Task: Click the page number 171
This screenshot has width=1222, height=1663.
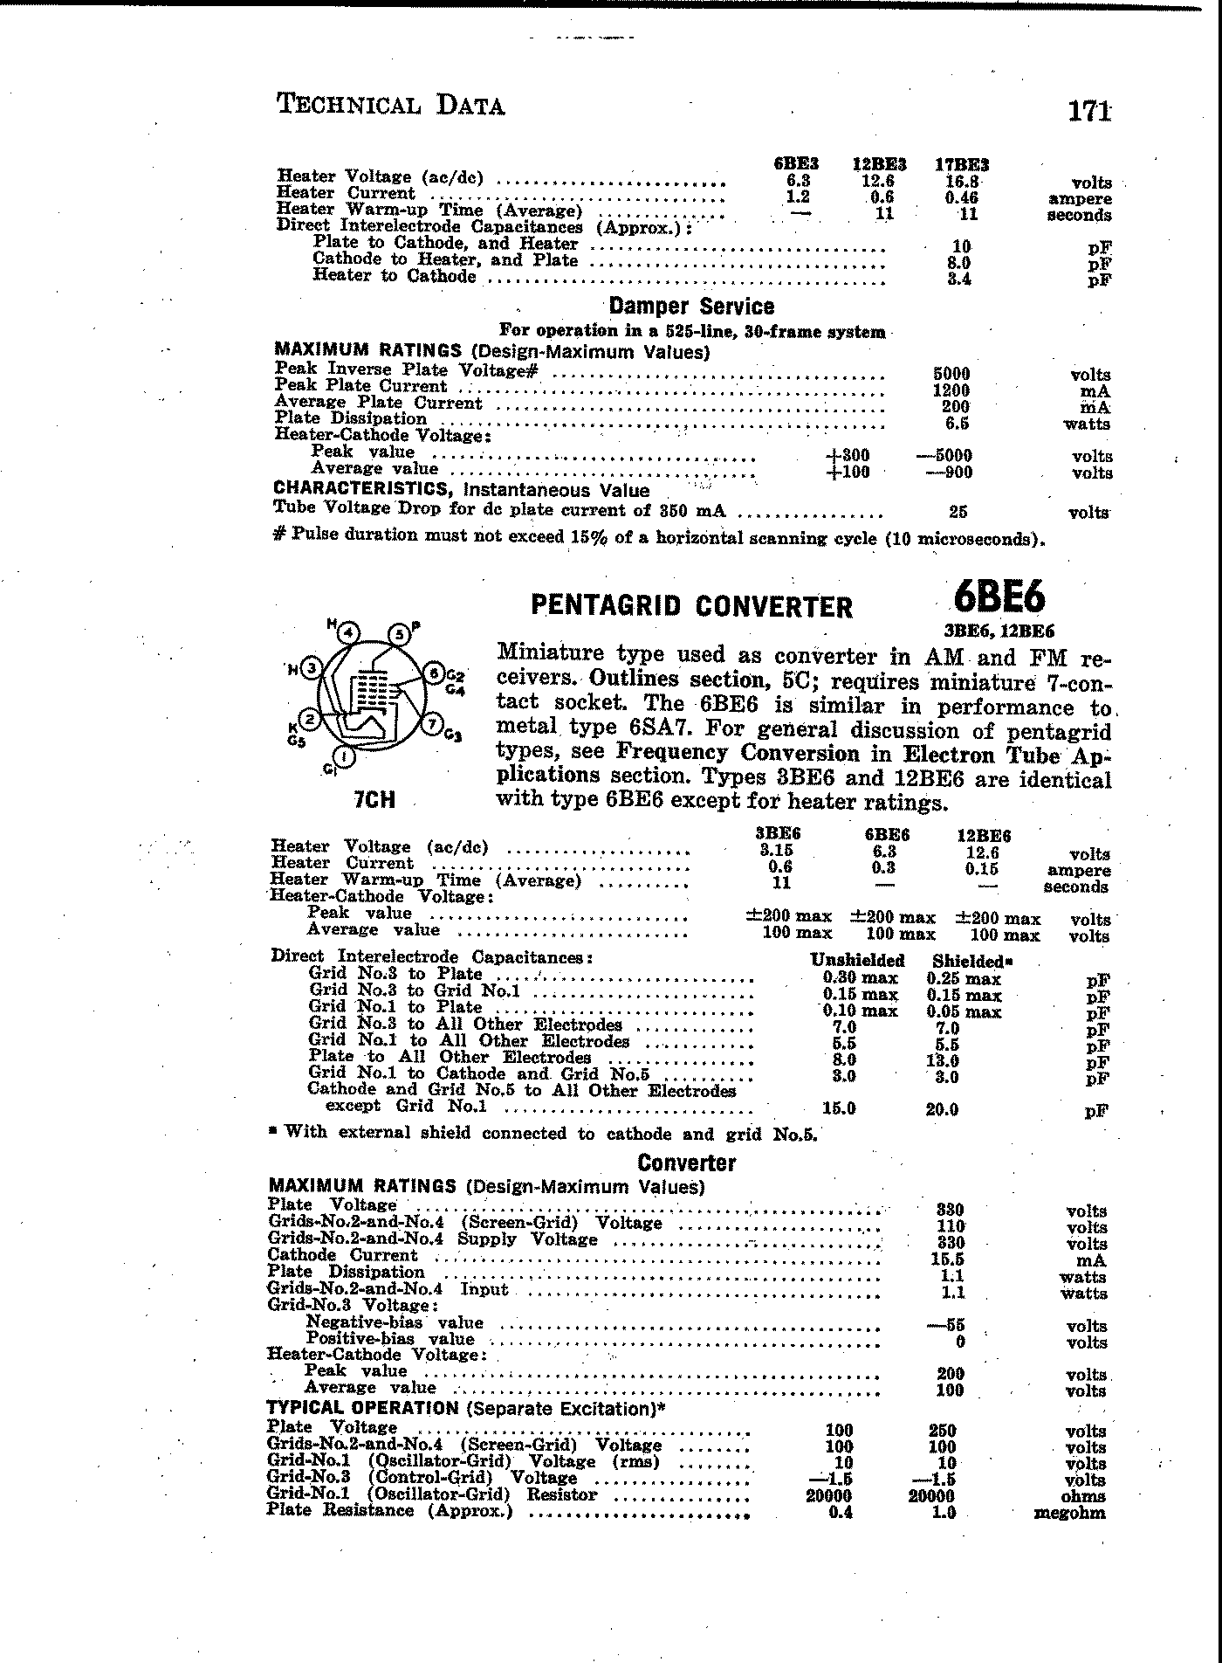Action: [x=1088, y=112]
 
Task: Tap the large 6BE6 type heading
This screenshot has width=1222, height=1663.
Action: [x=999, y=599]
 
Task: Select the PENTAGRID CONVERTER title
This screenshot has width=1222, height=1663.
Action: [x=692, y=606]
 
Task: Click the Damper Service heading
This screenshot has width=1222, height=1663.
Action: [x=691, y=307]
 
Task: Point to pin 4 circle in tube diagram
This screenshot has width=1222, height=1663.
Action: [x=349, y=632]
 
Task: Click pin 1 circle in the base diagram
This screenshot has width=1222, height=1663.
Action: [x=344, y=756]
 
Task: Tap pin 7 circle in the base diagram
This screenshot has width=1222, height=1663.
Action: [x=430, y=723]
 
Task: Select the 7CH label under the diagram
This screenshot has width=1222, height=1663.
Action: [x=374, y=799]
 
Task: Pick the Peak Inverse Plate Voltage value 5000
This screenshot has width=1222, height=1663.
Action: [x=951, y=374]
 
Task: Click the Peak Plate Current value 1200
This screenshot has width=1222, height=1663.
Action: [x=951, y=390]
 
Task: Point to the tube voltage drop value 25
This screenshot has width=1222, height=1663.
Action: [x=958, y=513]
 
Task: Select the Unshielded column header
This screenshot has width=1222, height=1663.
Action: [x=857, y=961]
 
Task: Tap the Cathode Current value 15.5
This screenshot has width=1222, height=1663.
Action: [x=949, y=1260]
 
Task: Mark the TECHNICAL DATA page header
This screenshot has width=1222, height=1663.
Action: [x=390, y=106]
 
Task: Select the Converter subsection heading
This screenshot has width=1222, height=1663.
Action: [x=686, y=1163]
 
